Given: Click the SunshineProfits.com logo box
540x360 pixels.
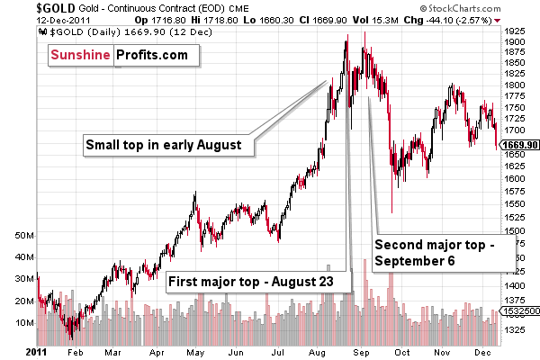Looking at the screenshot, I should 120,56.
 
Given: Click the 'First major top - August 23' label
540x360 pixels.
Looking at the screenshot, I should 250,282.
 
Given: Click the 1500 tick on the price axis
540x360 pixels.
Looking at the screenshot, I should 516,231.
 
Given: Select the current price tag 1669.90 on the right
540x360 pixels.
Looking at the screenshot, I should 518,145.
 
